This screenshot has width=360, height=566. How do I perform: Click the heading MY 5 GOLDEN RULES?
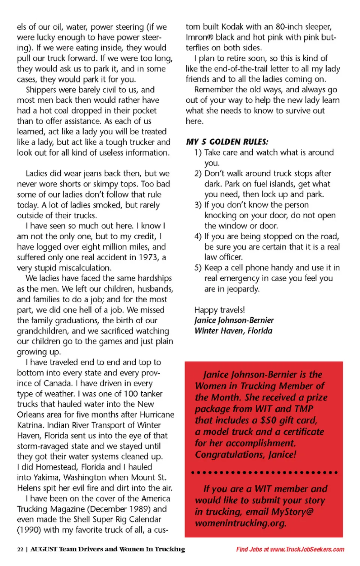click(227, 142)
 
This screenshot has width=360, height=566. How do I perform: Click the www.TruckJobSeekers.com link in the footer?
click(307, 549)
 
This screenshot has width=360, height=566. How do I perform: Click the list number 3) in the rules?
click(198, 205)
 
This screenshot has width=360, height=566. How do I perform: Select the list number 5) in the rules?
click(198, 268)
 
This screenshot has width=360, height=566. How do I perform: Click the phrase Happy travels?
click(219, 310)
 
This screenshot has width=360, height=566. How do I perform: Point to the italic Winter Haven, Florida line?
click(233, 331)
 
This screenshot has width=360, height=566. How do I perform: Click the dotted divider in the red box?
click(264, 473)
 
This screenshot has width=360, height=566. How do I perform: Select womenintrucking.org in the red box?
click(240, 523)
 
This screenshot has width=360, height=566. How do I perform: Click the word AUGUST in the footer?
click(43, 549)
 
